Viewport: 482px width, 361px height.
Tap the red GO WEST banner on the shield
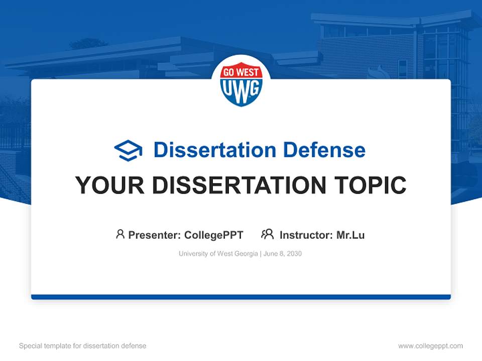coord(241,73)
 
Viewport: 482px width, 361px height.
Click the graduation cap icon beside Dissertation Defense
coord(128,150)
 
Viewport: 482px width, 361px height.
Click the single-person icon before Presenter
coord(120,234)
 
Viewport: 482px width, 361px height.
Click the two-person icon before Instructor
coord(267,234)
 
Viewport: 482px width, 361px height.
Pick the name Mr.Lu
coord(350,235)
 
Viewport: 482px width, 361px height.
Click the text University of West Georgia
coord(218,254)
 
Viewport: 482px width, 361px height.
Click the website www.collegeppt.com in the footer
coord(430,346)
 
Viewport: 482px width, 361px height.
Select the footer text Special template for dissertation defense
coord(83,346)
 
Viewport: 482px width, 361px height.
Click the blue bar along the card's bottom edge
coord(241,297)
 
